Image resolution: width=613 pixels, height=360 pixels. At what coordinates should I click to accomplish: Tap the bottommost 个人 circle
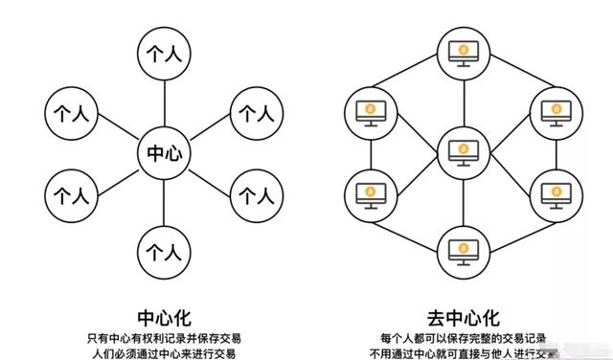point(164,254)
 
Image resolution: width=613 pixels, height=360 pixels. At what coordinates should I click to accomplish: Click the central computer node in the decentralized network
point(463,153)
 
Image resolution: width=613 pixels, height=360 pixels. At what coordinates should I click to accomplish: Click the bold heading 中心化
point(163,315)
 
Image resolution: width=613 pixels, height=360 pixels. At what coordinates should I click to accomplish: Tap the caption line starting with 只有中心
point(163,337)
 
